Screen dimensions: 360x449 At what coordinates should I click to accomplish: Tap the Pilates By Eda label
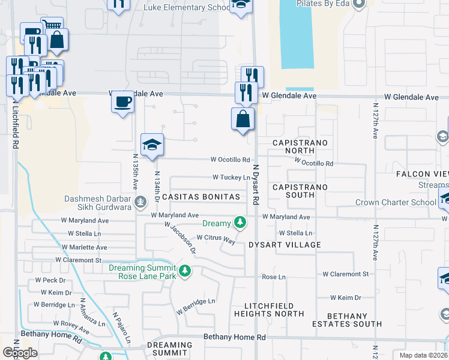click(321, 4)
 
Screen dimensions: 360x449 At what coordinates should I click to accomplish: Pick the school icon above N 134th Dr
click(152, 145)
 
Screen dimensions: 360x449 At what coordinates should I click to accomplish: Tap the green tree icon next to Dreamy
click(240, 223)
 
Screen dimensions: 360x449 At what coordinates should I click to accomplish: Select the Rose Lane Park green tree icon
click(185, 271)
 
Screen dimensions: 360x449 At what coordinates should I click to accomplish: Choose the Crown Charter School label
click(396, 202)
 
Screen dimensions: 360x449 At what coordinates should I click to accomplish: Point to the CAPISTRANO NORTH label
click(300, 147)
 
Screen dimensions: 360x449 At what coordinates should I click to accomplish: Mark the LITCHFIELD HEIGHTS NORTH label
click(269, 310)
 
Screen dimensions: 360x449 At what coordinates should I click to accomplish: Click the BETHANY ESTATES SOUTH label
click(346, 320)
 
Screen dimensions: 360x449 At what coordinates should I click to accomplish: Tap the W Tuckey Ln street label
click(231, 178)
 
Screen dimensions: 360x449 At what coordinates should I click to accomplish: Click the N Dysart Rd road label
click(255, 185)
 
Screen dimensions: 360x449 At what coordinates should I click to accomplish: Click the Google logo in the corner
click(20, 353)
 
